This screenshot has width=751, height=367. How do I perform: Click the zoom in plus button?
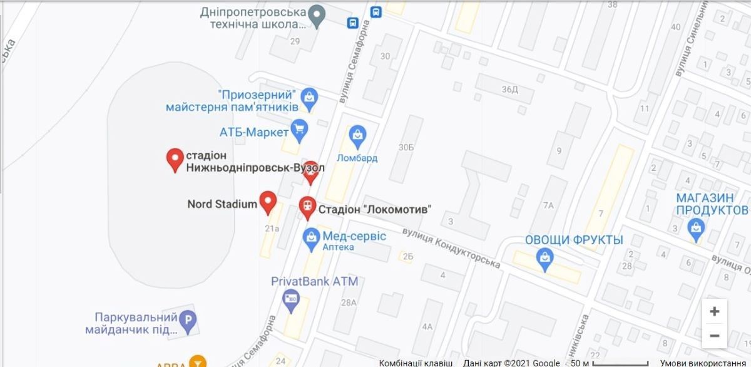pos(714,311)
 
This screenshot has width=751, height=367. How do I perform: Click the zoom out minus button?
pos(714,336)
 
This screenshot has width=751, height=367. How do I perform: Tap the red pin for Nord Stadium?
pos(268,202)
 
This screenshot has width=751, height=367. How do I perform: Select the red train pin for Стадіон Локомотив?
pos(307,207)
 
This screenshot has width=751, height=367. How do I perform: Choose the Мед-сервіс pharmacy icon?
pos(311,237)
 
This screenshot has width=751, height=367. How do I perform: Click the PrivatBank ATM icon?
pos(291,299)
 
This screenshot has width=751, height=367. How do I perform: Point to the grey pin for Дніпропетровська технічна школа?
pos(318,15)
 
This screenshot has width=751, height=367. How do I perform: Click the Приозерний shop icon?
pos(309,98)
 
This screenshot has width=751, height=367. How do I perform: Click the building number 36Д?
pos(510,89)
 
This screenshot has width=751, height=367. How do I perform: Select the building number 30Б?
pos(406,147)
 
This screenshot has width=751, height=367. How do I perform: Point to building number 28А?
pos(349,302)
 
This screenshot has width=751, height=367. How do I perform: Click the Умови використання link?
pos(714,363)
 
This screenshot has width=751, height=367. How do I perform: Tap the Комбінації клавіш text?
pos(416,363)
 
